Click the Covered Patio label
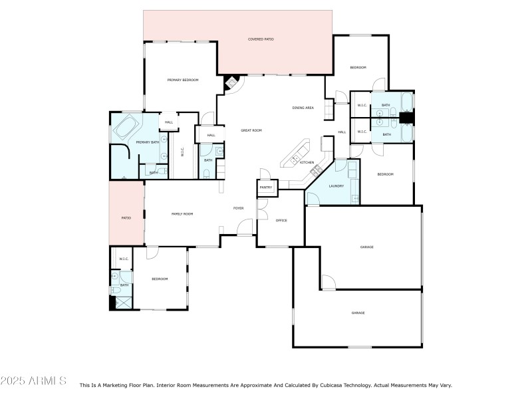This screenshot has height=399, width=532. (261, 40)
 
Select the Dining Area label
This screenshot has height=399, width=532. (303, 108)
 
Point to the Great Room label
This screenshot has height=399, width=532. (251, 130)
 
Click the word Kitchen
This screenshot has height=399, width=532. (307, 163)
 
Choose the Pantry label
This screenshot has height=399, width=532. (266, 188)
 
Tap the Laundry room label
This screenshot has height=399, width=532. (336, 186)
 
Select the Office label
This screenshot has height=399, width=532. (281, 220)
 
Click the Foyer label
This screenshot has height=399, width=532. (238, 208)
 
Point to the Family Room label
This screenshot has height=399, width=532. (182, 213)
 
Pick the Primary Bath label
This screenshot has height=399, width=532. (147, 142)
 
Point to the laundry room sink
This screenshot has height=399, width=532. (354, 198)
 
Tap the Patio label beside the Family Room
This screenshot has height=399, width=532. (126, 218)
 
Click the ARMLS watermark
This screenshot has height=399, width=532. (33, 381)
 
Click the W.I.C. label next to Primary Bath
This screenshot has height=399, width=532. (182, 152)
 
